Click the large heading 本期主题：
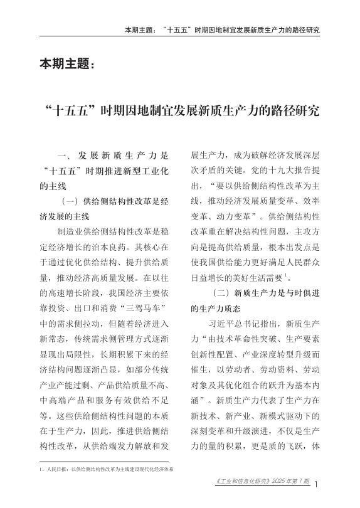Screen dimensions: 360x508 [x=68, y=64]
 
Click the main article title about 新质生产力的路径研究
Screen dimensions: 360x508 [x=180, y=112]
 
